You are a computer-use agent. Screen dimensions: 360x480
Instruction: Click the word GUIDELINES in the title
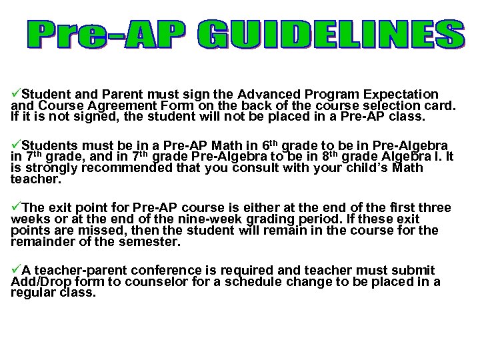click(x=331, y=35)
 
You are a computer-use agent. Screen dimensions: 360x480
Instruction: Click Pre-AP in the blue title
click(x=107, y=35)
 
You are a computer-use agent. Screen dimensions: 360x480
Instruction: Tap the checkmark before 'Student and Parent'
click(x=17, y=94)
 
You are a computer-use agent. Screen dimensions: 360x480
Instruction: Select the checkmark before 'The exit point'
click(x=17, y=207)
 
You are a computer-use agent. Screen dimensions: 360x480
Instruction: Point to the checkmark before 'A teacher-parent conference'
click(x=17, y=270)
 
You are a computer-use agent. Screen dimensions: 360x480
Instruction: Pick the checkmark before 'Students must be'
click(x=17, y=145)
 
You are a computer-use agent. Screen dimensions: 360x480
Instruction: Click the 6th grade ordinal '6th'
click(x=268, y=145)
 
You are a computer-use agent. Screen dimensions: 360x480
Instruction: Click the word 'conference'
click(x=173, y=271)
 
